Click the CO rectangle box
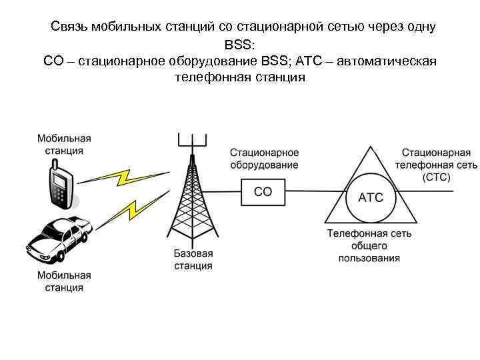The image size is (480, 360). (263, 192)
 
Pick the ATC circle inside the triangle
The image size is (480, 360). (371, 197)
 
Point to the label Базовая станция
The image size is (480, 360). (193, 260)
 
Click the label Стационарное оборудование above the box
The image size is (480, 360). (264, 159)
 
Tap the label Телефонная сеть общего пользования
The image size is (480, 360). (369, 245)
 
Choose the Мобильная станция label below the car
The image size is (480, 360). (64, 281)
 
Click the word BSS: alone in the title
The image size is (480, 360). (239, 45)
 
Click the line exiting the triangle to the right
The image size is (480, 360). (433, 192)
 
